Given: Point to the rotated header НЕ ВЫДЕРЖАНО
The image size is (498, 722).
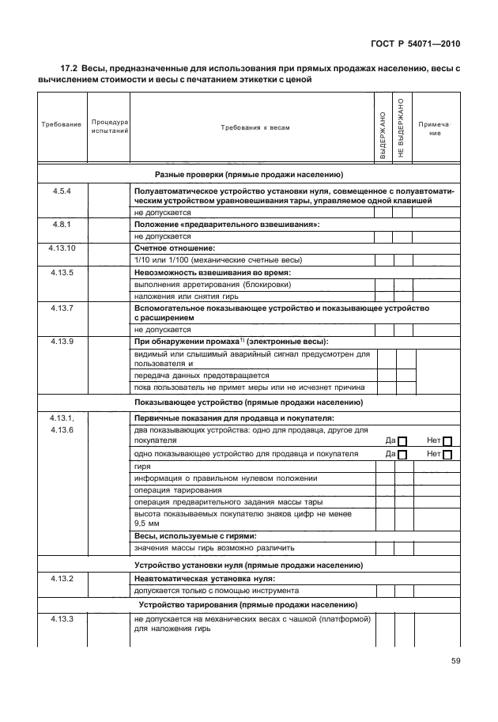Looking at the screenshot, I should tap(401, 127).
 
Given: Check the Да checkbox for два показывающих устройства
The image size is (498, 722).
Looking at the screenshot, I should tap(402, 440).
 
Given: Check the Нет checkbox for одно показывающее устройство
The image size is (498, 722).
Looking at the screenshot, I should tap(447, 455).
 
